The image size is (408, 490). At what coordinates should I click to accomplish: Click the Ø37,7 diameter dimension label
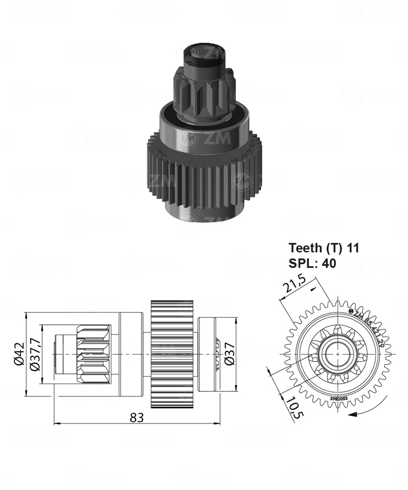pos(35,355)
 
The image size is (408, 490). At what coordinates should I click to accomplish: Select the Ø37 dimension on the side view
pos(230,355)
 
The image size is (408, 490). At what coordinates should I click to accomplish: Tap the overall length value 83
pos(137,417)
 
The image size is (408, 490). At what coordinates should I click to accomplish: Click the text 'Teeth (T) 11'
pos(324,248)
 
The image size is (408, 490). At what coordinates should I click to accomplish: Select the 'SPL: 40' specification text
pos(312,263)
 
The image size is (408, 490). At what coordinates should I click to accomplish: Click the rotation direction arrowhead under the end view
pos(353,415)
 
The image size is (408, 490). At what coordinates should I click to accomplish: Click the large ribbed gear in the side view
pos(172,354)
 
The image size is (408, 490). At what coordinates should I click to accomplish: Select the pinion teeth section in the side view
pos(94,354)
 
